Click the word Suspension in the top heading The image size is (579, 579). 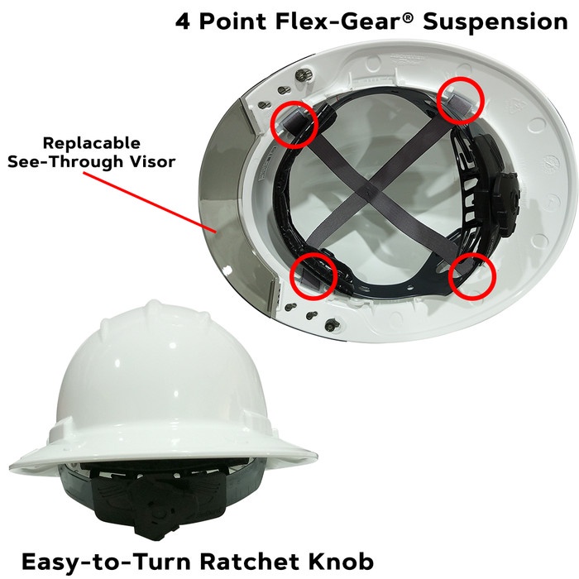(495, 22)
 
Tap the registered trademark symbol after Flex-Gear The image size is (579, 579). (407, 17)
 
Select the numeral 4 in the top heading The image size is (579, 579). (183, 22)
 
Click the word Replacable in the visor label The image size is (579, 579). (92, 143)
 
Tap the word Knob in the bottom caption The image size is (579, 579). (342, 562)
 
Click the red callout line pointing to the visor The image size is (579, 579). (149, 203)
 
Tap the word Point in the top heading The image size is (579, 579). (232, 22)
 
